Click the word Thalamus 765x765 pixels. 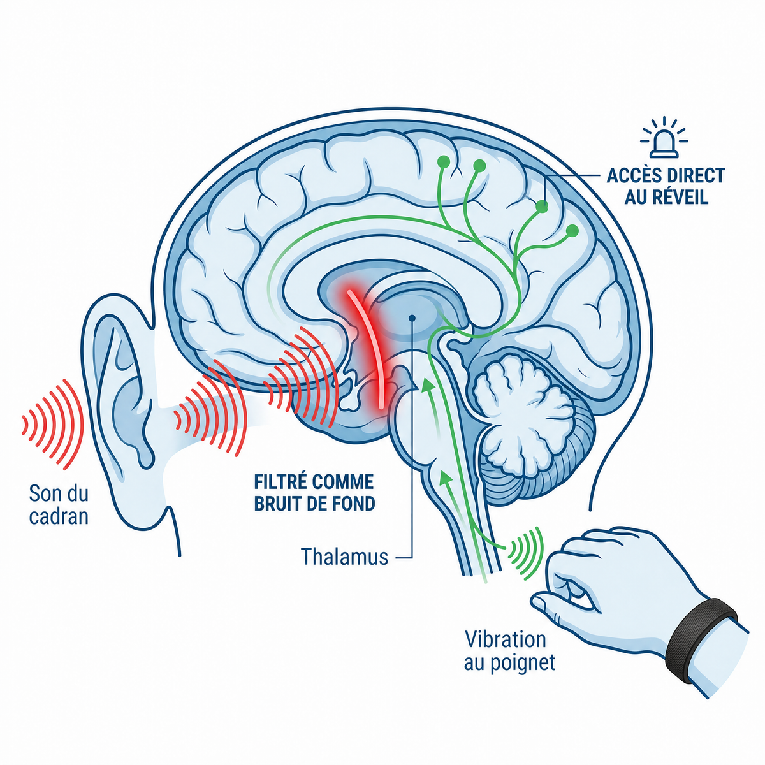click(x=344, y=556)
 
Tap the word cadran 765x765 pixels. click(x=59, y=517)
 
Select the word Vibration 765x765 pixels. click(x=506, y=639)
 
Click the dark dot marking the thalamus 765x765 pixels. click(x=412, y=317)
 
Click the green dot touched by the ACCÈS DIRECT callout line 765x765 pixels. click(x=542, y=207)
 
